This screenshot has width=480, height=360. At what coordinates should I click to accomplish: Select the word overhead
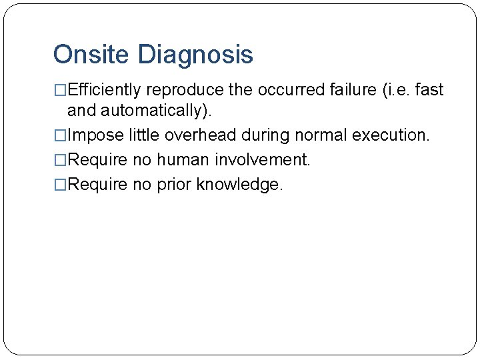200,135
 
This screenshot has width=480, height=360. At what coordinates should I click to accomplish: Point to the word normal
316,135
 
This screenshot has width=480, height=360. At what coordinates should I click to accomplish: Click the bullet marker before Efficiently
60,90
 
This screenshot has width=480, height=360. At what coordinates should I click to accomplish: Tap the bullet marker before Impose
60,135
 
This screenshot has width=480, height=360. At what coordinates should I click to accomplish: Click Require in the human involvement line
97,160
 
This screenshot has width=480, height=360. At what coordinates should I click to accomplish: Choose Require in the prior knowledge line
97,185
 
